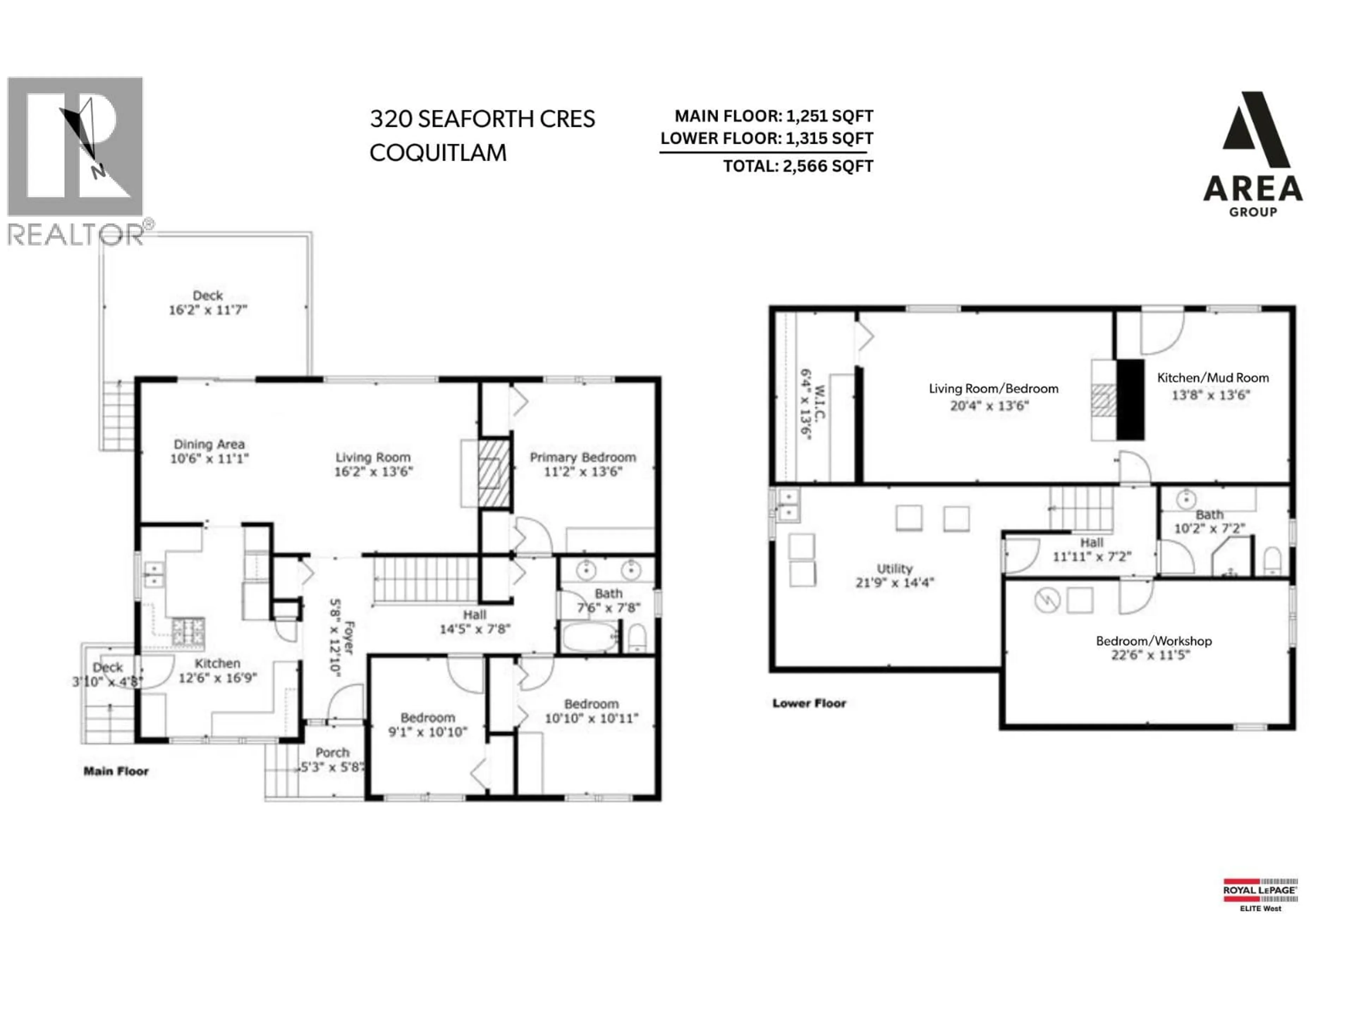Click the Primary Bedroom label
[x=582, y=457]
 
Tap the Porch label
[x=333, y=752]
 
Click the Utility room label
[x=894, y=568]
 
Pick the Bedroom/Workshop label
[x=1153, y=641]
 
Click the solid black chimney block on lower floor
[x=1130, y=399]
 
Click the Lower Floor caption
[x=809, y=703]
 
